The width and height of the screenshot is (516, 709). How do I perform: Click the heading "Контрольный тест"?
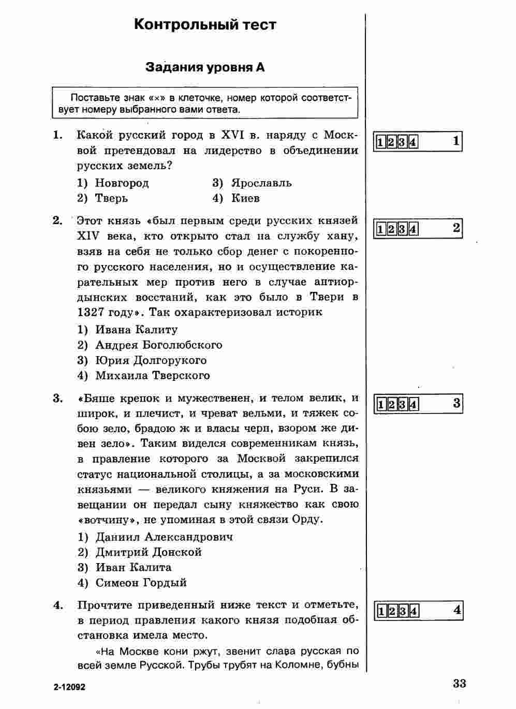click(205, 25)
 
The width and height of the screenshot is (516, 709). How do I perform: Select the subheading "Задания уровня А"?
click(205, 67)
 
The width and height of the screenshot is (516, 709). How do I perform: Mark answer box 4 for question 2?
click(414, 229)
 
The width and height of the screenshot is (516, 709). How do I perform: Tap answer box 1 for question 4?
click(380, 612)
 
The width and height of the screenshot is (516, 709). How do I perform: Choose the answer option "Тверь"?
click(111, 198)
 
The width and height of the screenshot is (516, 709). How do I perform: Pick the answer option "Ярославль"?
click(261, 183)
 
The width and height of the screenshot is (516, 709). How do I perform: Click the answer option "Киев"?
click(245, 198)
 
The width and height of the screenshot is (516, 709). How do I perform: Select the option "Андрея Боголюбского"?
click(158, 345)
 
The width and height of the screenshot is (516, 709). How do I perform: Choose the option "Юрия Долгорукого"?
click(151, 360)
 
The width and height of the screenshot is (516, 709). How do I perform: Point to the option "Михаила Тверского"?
click(152, 376)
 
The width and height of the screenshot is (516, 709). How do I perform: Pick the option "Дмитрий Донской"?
click(148, 552)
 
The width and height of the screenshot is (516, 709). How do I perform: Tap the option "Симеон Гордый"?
click(141, 583)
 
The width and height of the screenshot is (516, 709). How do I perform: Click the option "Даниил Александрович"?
click(164, 537)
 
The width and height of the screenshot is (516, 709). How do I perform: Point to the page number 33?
click(459, 684)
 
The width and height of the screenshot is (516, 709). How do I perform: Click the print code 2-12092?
click(68, 687)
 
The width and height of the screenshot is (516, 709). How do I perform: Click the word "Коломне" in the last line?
click(291, 666)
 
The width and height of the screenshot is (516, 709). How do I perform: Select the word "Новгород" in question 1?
click(122, 183)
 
